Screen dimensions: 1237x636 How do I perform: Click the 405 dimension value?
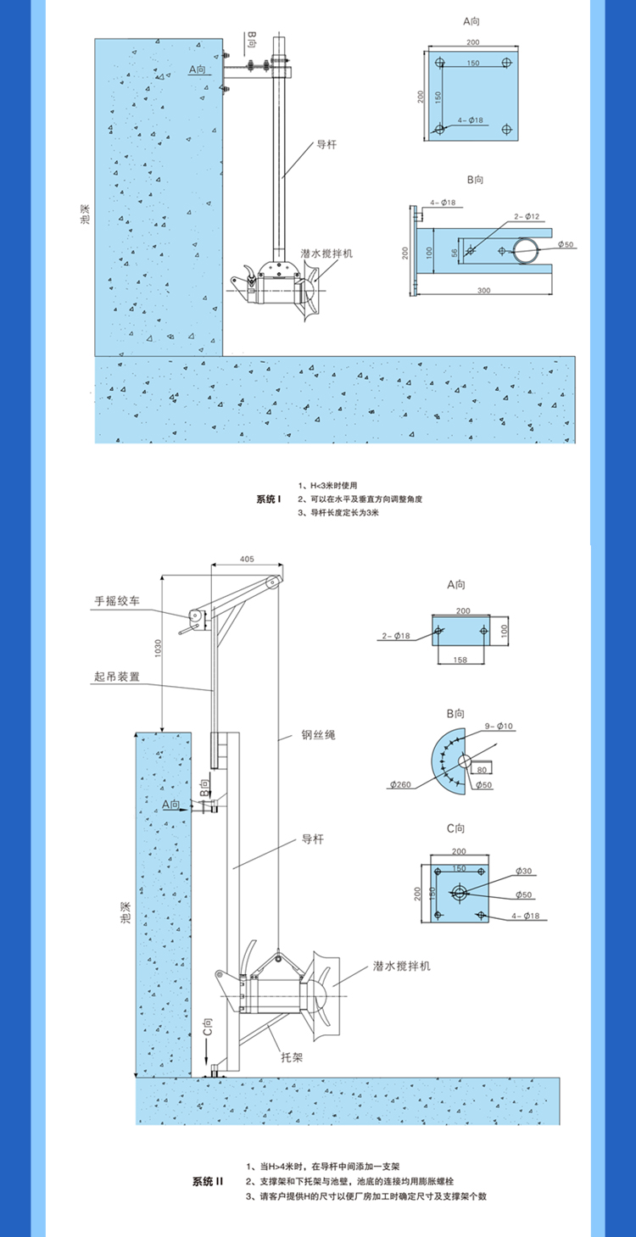(x=247, y=560)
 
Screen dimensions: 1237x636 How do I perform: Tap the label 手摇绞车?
(x=117, y=601)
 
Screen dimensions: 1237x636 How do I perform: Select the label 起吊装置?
(x=117, y=677)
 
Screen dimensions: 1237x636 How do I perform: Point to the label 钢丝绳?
(x=318, y=735)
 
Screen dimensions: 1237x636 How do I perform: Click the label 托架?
(x=292, y=1059)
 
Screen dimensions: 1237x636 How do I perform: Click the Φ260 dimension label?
(x=401, y=785)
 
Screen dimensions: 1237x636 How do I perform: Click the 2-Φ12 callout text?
(x=525, y=217)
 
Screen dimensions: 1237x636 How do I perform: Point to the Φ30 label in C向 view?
(x=522, y=872)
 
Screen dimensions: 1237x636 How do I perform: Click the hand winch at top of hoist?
(x=195, y=616)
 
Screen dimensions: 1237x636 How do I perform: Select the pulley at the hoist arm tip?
(x=272, y=582)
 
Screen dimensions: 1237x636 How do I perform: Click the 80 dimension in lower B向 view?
(x=482, y=769)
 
